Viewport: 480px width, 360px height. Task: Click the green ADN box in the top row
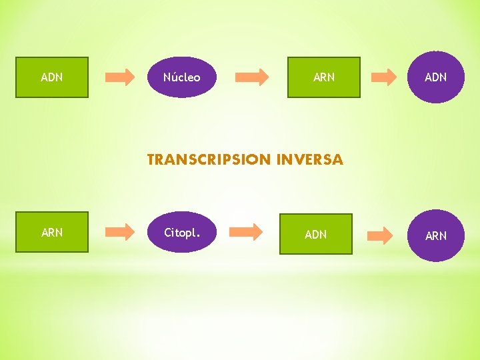click(52, 77)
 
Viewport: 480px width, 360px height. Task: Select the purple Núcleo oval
click(181, 77)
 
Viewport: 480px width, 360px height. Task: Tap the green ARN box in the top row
click(323, 77)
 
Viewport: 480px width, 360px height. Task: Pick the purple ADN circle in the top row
click(435, 77)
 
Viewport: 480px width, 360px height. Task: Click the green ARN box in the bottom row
click(52, 232)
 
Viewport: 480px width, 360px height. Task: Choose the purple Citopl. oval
click(181, 232)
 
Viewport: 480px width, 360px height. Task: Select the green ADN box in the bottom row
click(315, 234)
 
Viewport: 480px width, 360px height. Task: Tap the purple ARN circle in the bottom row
click(435, 235)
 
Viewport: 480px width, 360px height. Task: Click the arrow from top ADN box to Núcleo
click(120, 77)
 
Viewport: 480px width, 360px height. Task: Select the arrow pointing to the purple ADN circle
click(384, 77)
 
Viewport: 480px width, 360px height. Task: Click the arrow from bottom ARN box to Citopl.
click(120, 232)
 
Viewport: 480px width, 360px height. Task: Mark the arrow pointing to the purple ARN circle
click(381, 235)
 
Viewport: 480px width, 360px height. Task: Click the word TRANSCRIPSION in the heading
click(209, 160)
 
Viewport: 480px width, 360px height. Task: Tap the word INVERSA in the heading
click(309, 160)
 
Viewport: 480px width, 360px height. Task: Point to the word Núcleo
click(181, 77)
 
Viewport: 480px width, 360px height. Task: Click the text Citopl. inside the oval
click(181, 233)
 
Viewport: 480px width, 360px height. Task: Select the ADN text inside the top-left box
click(52, 77)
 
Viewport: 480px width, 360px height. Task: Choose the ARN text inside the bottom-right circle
click(435, 236)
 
